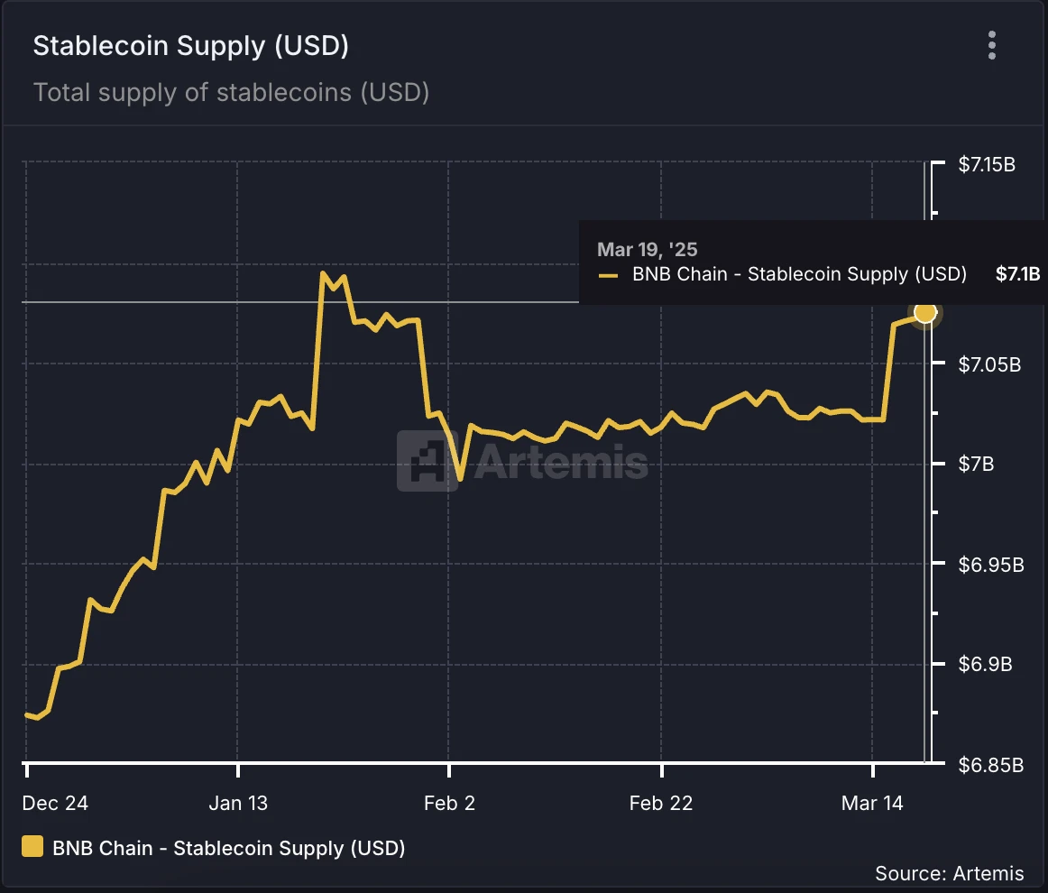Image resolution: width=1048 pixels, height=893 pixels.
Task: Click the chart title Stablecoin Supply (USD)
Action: [x=190, y=47]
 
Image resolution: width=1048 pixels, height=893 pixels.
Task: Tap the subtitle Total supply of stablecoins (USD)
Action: [x=231, y=92]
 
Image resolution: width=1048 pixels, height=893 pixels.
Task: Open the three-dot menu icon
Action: [x=992, y=45]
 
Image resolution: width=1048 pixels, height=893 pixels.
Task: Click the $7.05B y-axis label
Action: [x=989, y=365]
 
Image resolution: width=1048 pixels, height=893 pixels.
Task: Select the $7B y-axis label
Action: [x=976, y=465]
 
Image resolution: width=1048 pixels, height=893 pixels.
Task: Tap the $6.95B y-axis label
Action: [x=989, y=566]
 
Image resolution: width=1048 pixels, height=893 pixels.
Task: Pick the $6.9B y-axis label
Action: [x=983, y=666]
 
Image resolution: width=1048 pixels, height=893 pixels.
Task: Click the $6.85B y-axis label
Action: [x=989, y=766]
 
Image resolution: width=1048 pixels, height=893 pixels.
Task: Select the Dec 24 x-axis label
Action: [x=56, y=804]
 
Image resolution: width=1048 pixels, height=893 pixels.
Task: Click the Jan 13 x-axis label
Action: [x=238, y=804]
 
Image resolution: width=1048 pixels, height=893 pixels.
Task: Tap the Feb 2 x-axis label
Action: [x=449, y=804]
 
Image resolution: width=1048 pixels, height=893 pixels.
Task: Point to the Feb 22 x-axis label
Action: [x=661, y=804]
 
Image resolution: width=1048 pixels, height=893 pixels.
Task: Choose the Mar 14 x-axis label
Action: [x=872, y=804]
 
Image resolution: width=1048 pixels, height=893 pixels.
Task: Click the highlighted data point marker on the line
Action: [x=925, y=313]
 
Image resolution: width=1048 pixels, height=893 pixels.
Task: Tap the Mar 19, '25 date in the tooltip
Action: [x=648, y=250]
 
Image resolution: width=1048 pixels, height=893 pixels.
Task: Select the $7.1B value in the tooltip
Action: [x=1017, y=274]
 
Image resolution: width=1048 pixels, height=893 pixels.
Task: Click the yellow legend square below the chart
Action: [x=32, y=847]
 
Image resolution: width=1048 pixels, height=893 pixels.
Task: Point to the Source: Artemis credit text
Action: [x=949, y=873]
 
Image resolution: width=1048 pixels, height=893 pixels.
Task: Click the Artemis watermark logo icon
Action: [x=427, y=460]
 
